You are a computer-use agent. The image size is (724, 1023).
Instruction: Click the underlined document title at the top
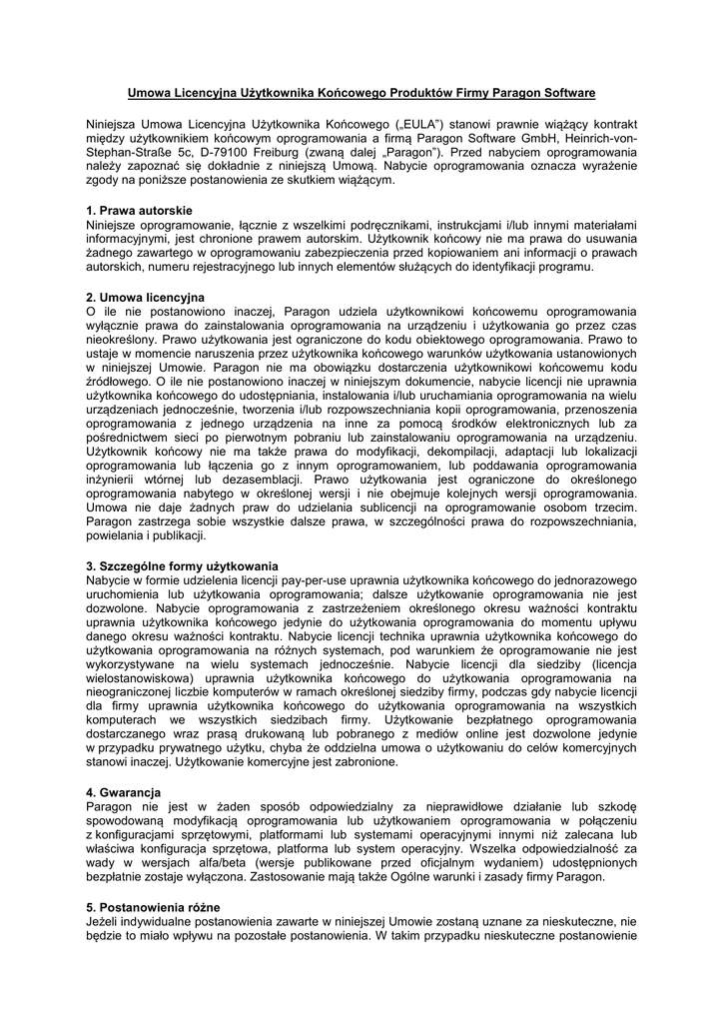click(362, 93)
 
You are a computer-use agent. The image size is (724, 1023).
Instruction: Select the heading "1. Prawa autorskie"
click(139, 211)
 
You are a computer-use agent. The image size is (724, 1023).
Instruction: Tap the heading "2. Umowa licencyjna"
click(146, 297)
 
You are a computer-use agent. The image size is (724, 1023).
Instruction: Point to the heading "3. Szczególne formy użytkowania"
click(182, 566)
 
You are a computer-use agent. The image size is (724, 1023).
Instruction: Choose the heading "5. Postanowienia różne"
click(154, 907)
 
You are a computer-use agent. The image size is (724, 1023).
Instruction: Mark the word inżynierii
click(114, 480)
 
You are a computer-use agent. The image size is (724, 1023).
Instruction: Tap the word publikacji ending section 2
click(175, 535)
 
